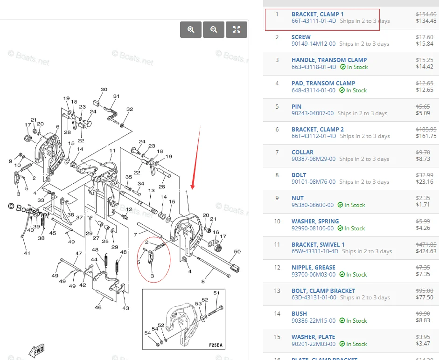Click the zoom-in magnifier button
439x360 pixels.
191,29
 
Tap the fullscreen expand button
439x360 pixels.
237,29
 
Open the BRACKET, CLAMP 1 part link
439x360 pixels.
317,14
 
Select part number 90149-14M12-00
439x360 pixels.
313,44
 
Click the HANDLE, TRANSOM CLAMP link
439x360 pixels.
329,60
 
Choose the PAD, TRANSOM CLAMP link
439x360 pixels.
323,83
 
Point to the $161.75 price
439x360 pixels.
426,137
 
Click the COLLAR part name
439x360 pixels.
302,152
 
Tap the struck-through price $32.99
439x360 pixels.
426,175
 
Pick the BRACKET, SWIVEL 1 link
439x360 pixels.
318,244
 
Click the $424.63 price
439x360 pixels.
426,251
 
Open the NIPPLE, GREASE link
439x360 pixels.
313,267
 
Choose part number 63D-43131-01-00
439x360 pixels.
314,298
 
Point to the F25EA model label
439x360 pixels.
216,346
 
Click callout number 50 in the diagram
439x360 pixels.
237,252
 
